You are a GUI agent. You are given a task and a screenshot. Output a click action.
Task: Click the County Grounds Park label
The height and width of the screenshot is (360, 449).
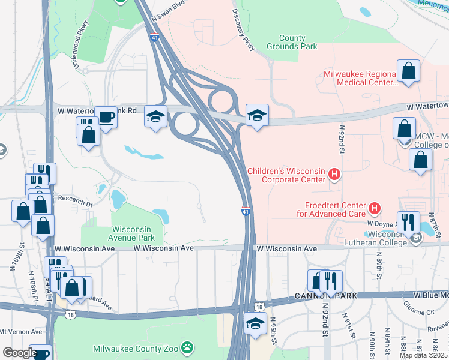292,42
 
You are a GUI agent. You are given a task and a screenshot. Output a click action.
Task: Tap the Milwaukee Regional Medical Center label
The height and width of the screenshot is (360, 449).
361,78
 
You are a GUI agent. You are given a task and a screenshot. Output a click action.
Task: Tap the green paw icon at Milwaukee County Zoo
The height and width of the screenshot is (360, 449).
188,347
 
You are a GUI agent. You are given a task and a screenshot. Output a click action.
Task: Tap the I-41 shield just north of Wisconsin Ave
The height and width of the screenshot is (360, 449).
246,212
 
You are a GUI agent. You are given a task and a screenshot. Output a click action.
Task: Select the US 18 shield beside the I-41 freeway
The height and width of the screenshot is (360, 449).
259,307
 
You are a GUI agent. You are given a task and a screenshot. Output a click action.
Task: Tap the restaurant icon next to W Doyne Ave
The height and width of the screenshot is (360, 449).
407,222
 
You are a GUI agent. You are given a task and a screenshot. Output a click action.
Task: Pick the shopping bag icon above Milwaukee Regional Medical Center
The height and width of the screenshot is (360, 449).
408,71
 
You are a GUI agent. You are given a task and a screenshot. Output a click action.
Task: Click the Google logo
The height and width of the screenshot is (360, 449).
20,353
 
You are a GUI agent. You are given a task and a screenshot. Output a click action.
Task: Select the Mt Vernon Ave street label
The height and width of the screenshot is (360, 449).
21,331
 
